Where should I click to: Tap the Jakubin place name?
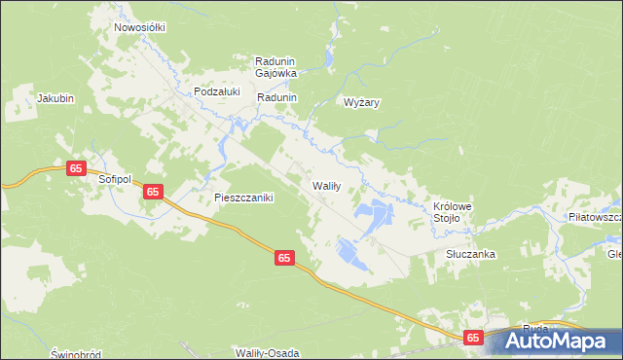(x=55, y=98)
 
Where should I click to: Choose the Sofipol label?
(x=114, y=180)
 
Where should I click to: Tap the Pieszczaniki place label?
(x=244, y=198)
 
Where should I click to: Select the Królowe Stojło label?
(x=453, y=212)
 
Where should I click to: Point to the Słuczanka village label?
(x=471, y=254)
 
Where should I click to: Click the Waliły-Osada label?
(x=266, y=351)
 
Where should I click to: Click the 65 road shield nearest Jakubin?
(x=76, y=168)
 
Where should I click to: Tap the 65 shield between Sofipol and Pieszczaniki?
(x=153, y=192)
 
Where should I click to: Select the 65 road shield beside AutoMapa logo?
(x=473, y=337)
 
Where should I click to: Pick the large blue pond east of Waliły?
(x=374, y=212)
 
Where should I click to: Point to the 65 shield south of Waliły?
(x=283, y=258)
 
